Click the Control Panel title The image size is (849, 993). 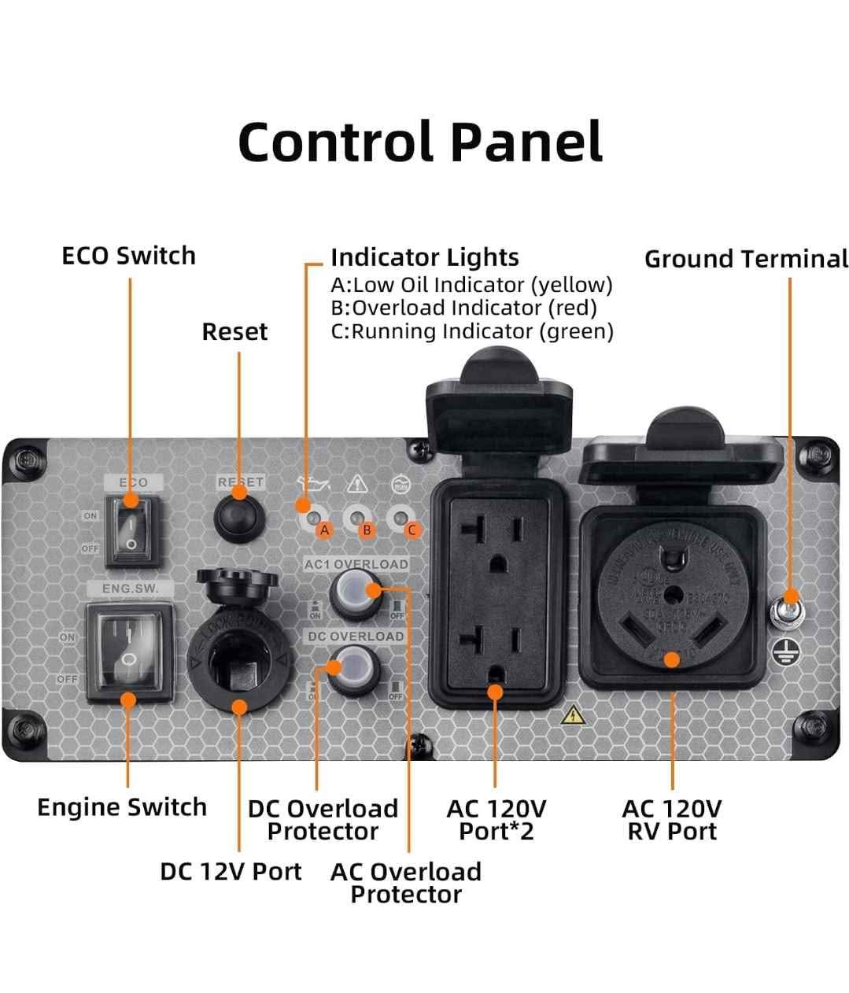(x=420, y=142)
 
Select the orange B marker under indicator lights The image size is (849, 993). (x=367, y=530)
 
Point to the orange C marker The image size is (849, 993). (x=411, y=530)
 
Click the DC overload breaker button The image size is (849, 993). (x=353, y=669)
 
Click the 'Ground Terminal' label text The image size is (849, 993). (x=746, y=259)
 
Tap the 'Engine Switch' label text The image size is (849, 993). (x=122, y=807)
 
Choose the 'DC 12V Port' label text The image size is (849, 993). (x=231, y=871)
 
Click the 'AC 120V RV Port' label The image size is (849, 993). (x=672, y=820)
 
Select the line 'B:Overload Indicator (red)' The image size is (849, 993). (x=463, y=308)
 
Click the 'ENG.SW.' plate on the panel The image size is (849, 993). (x=130, y=589)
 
